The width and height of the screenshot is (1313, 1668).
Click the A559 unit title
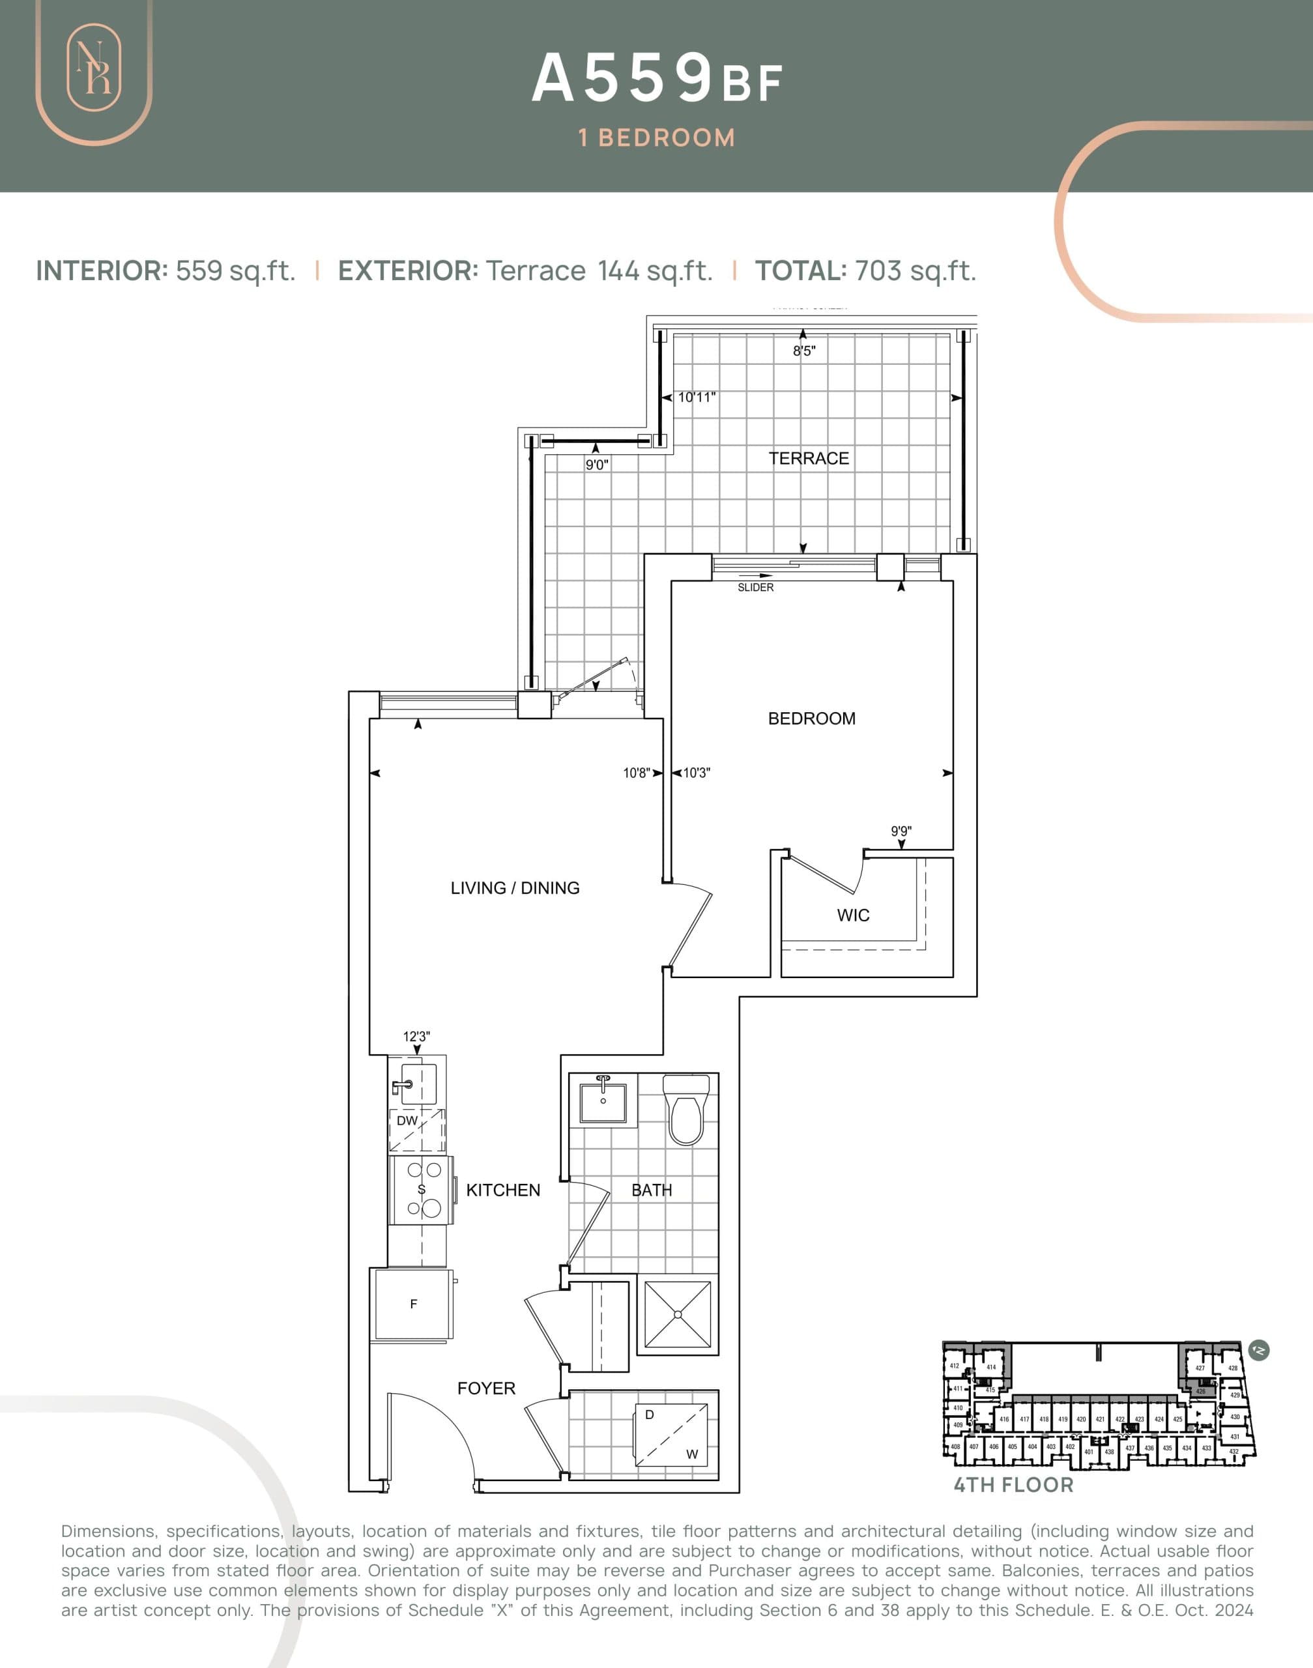pyautogui.click(x=623, y=78)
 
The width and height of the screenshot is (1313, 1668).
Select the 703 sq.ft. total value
pyautogui.click(x=915, y=270)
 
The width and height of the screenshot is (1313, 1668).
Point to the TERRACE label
pyautogui.click(x=809, y=458)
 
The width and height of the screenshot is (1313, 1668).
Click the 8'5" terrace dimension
pyautogui.click(x=804, y=351)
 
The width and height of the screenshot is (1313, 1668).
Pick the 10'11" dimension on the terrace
pyautogui.click(x=697, y=397)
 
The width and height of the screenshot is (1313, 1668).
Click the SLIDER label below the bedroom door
pyautogui.click(x=755, y=587)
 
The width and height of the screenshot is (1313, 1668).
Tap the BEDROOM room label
pyautogui.click(x=812, y=719)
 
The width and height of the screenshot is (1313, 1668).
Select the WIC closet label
pyautogui.click(x=854, y=915)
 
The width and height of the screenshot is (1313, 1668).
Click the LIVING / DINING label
pyautogui.click(x=515, y=888)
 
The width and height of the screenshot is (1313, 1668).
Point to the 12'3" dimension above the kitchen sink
pyautogui.click(x=416, y=1036)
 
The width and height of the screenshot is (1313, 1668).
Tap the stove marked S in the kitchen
pyautogui.click(x=421, y=1190)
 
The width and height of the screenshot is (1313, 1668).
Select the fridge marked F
pyautogui.click(x=414, y=1304)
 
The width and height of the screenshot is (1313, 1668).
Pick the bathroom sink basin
pyautogui.click(x=603, y=1103)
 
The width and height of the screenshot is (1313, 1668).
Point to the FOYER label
pyautogui.click(x=486, y=1388)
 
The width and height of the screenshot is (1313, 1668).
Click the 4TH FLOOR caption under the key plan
pyautogui.click(x=1013, y=1485)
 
